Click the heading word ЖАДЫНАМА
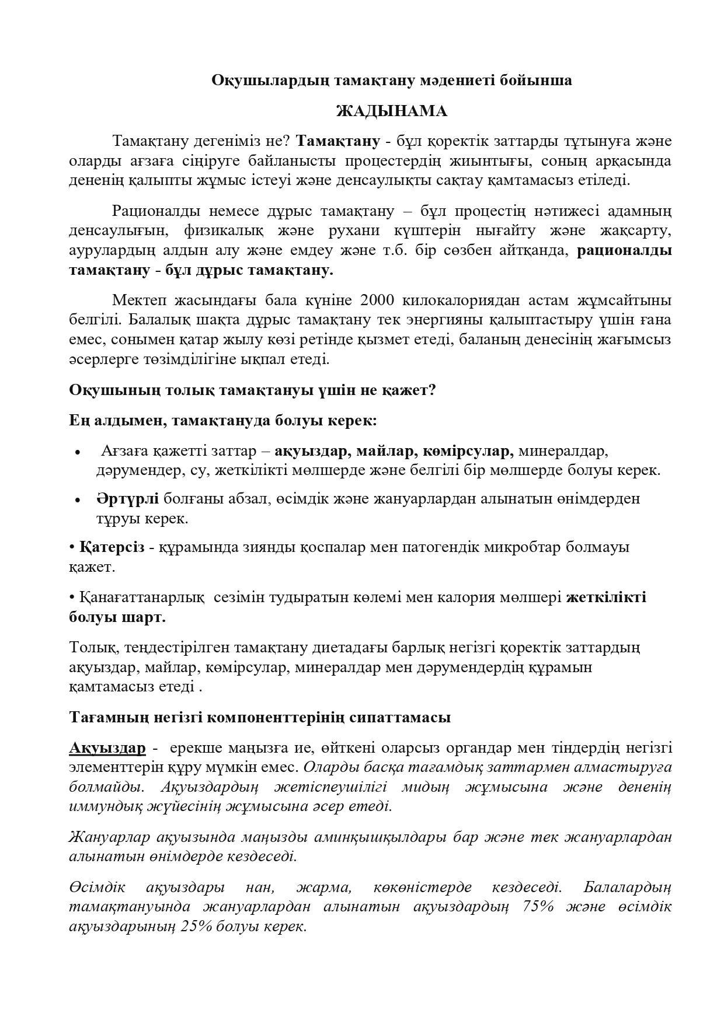[391, 111]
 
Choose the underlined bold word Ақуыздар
[107, 748]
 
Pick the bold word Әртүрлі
[127, 498]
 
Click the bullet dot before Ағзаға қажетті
[78, 452]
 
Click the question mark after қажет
[432, 390]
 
